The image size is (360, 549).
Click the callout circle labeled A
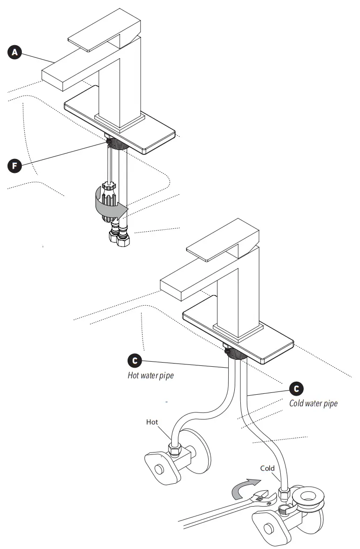point(15,53)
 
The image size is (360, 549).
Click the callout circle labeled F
point(15,165)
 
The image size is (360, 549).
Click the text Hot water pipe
point(150,375)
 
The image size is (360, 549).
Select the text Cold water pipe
point(313,403)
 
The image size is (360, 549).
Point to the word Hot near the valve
point(152,422)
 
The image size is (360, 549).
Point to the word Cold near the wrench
point(267,468)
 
